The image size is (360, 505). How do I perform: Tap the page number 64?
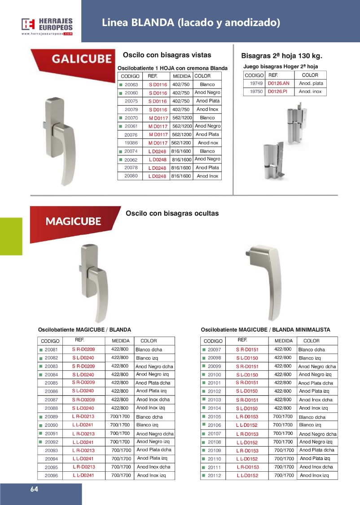(x=34, y=489)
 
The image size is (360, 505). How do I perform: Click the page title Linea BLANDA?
(x=191, y=22)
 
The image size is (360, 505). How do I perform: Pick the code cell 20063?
(x=131, y=84)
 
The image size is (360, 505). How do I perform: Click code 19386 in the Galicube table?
(x=131, y=143)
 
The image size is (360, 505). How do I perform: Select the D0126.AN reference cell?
(x=278, y=84)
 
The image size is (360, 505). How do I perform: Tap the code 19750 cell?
(x=256, y=92)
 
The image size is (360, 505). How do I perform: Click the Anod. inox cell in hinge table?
(x=311, y=92)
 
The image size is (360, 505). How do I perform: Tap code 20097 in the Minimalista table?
(x=215, y=350)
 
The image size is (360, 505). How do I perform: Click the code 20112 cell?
(x=215, y=475)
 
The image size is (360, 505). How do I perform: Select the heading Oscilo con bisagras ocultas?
(x=172, y=213)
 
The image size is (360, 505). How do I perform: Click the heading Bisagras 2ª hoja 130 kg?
(x=282, y=56)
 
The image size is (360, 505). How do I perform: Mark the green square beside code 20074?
(x=121, y=151)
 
